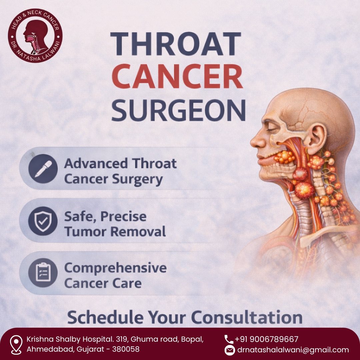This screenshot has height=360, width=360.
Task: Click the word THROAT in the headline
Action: [176, 44]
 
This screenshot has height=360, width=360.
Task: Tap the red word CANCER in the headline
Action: [177, 76]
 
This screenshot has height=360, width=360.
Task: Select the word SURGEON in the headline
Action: [178, 110]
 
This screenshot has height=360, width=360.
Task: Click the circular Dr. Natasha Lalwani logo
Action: [35, 36]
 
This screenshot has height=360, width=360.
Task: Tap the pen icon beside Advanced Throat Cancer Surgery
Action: [43, 169]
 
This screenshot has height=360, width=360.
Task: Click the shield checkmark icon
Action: [43, 221]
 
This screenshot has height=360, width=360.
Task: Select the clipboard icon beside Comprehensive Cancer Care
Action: [43, 273]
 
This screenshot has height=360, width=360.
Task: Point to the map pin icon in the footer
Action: [16, 345]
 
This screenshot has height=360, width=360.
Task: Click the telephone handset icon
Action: [229, 339]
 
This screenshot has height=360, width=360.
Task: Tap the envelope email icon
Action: [230, 350]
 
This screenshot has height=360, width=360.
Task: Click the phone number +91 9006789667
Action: [266, 339]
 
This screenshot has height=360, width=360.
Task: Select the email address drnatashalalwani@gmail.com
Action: [293, 350]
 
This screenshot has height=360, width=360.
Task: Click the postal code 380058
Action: [126, 349]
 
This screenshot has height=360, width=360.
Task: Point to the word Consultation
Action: [247, 318]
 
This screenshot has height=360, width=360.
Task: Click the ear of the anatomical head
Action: [318, 139]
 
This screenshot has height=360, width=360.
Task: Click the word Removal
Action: [138, 231]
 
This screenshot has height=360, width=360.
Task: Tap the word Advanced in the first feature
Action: [96, 163]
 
